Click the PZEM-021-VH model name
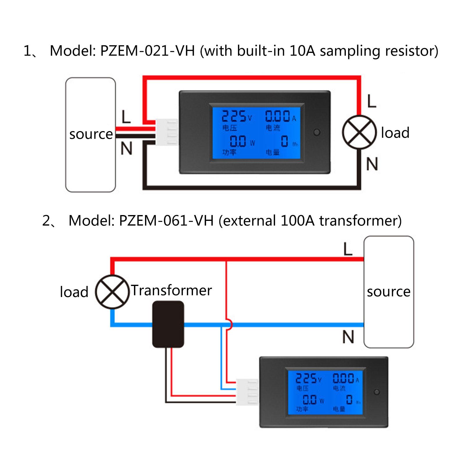tap(147, 51)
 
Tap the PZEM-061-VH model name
tap(166, 221)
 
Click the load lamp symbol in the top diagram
tap(359, 132)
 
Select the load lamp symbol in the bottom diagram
tap(112, 292)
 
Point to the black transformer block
tap(168, 324)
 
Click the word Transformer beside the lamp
tap(171, 290)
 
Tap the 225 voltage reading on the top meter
tap(234, 117)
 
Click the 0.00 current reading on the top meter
tap(278, 116)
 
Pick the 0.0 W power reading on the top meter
tap(238, 142)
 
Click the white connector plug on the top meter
tap(167, 132)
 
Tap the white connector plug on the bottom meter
tap(247, 392)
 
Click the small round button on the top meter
tap(317, 133)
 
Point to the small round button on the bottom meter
tap(377, 392)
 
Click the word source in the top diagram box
tap(91, 134)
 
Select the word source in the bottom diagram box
tap(389, 291)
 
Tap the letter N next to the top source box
tap(126, 149)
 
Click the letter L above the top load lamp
tap(372, 101)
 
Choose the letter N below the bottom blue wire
tap(348, 337)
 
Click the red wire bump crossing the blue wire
tap(230, 324)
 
